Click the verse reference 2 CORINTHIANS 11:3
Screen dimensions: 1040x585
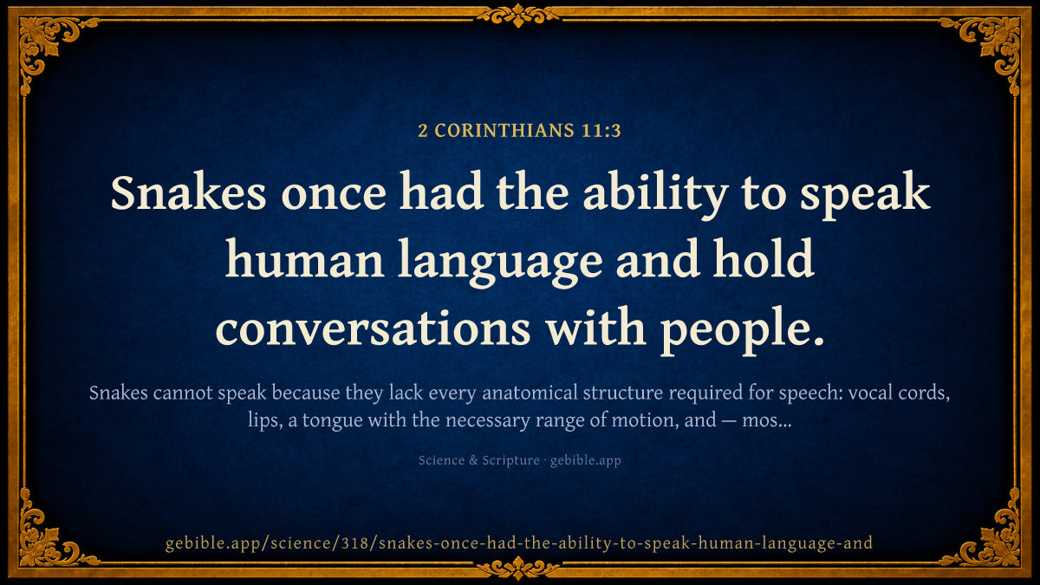click(519, 131)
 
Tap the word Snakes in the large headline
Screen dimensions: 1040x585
click(188, 193)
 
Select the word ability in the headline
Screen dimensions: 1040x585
click(654, 196)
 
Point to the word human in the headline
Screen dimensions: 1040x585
click(304, 259)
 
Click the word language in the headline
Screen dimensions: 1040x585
click(500, 263)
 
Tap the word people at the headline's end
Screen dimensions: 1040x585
click(743, 330)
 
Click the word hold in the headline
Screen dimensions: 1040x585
click(764, 258)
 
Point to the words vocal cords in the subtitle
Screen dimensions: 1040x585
click(899, 393)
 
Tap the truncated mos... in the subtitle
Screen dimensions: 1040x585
click(767, 420)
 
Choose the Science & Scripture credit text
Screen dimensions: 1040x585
click(478, 460)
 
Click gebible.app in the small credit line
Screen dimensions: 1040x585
click(586, 460)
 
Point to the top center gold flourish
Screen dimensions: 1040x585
click(518, 16)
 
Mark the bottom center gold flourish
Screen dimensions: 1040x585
click(518, 569)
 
